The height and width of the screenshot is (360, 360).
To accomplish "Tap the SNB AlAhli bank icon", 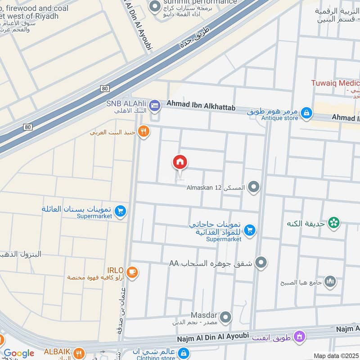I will (x=155, y=105).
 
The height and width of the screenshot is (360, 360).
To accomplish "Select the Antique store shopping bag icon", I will (x=306, y=112).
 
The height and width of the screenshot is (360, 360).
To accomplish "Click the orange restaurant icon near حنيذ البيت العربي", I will (x=144, y=131).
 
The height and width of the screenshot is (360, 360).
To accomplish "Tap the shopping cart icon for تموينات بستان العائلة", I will (x=120, y=210).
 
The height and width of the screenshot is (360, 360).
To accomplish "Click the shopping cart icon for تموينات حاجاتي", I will (x=250, y=231).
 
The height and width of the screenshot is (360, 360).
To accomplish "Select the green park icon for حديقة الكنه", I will (x=334, y=222).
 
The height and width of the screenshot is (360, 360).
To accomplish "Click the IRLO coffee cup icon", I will (x=132, y=272).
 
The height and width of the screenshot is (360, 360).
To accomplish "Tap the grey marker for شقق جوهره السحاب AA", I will (x=261, y=262).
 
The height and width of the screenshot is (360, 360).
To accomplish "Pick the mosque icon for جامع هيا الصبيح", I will (x=330, y=281).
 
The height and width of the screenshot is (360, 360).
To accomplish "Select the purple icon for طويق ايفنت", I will (x=299, y=336).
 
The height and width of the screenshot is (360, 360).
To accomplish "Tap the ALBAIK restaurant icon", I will (x=79, y=353).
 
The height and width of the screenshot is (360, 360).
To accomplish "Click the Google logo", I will (x=19, y=353).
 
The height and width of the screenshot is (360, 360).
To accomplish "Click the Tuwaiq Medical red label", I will (x=335, y=83).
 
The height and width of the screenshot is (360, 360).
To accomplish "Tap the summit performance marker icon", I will (x=155, y=6).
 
